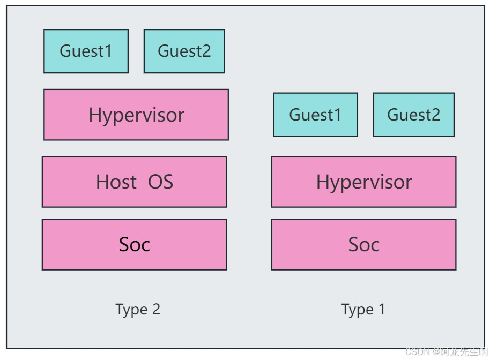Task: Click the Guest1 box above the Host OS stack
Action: click(x=86, y=51)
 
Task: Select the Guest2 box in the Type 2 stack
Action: click(x=184, y=51)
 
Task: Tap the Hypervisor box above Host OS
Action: click(x=136, y=115)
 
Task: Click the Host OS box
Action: click(x=135, y=182)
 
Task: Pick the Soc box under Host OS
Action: click(x=135, y=244)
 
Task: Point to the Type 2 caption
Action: click(x=138, y=310)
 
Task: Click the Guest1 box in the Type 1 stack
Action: click(x=315, y=115)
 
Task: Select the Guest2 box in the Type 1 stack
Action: click(x=414, y=115)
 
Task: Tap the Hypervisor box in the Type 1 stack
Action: click(x=364, y=182)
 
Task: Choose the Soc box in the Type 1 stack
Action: click(x=364, y=244)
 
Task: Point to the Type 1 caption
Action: click(x=363, y=310)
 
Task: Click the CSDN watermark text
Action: click(x=446, y=351)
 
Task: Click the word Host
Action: click(x=116, y=182)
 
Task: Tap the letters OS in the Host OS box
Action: click(x=160, y=182)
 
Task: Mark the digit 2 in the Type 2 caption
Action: click(x=156, y=309)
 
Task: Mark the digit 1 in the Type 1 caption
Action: click(x=382, y=309)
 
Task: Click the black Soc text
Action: click(x=135, y=244)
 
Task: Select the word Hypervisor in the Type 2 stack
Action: click(x=137, y=116)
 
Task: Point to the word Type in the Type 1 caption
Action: click(x=358, y=310)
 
